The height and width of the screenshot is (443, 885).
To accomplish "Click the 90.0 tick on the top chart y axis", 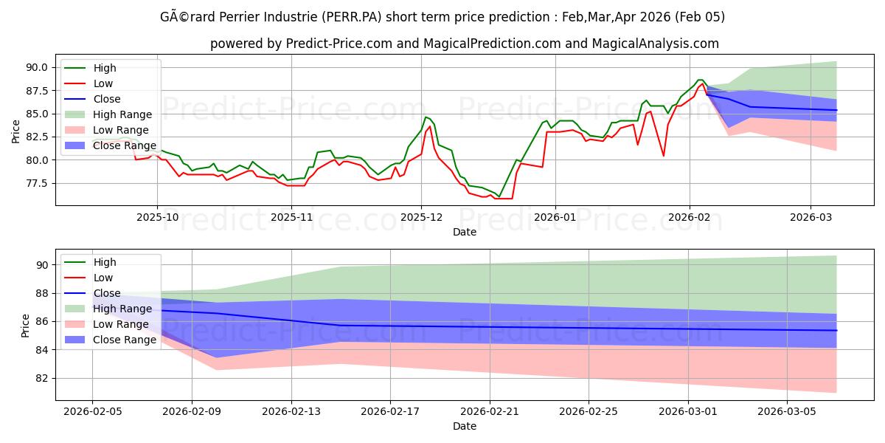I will coord(37,67).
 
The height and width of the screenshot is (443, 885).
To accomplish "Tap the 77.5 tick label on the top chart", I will coord(37,183).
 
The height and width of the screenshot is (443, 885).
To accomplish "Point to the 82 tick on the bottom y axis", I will coord(43,378).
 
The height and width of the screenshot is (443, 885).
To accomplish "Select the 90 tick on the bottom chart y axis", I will coord(43,265).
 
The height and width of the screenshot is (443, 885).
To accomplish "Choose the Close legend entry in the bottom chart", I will coord(106,293).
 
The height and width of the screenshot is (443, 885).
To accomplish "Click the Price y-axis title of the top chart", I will coord(16,131).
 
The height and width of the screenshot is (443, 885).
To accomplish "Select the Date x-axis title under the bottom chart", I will coord(465,426).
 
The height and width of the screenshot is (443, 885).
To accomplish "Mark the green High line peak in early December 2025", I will coord(426,117).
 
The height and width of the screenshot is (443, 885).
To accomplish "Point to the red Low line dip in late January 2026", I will coord(664,156).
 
